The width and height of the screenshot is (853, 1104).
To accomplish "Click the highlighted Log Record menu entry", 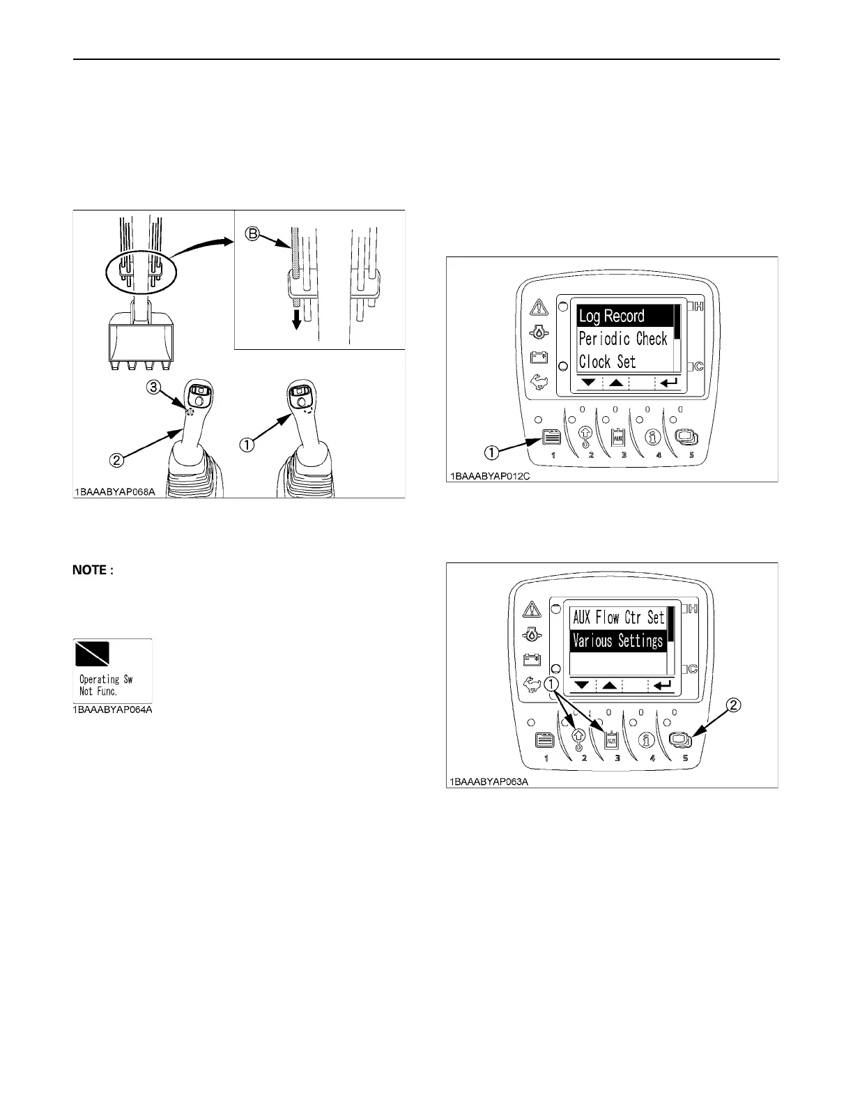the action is pyautogui.click(x=612, y=316).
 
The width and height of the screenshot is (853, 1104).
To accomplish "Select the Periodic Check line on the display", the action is pyautogui.click(x=623, y=339).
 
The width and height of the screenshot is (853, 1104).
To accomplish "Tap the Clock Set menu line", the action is pyautogui.click(x=607, y=362).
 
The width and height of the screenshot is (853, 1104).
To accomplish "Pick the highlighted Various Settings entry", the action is pyautogui.click(x=617, y=641).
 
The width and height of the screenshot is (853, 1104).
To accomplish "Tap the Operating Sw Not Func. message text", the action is pyautogui.click(x=106, y=685).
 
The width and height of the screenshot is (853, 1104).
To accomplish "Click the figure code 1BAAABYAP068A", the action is pyautogui.click(x=116, y=493).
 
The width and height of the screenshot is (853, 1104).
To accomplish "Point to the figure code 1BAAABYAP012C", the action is pyautogui.click(x=489, y=477).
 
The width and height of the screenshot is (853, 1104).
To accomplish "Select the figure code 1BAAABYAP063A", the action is pyautogui.click(x=488, y=782).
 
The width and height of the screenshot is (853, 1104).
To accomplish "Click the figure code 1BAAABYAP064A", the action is pyautogui.click(x=113, y=710).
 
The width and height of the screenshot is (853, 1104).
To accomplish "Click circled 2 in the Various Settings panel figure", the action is pyautogui.click(x=734, y=705).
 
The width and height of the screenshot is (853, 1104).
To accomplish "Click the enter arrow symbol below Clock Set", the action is pyautogui.click(x=668, y=383).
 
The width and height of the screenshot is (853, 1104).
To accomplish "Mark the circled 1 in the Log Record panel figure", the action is pyautogui.click(x=491, y=452).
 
